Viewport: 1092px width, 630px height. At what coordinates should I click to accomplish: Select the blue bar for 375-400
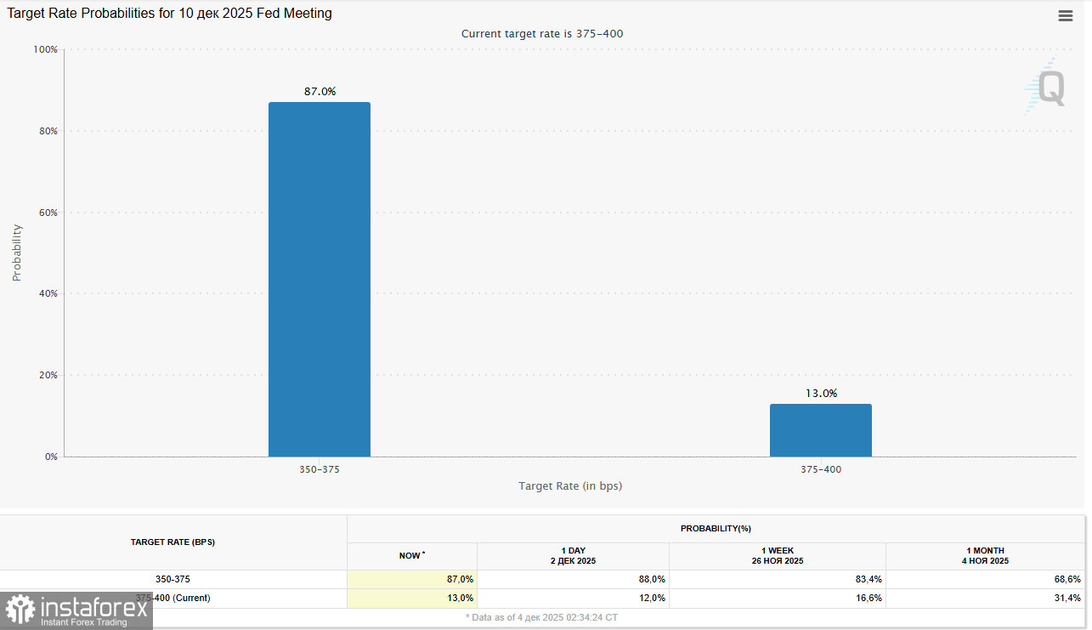pyautogui.click(x=821, y=430)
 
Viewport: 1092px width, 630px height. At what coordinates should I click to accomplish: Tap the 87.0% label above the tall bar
pyautogui.click(x=320, y=91)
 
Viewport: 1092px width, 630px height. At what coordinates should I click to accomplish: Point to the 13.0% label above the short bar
pyautogui.click(x=821, y=393)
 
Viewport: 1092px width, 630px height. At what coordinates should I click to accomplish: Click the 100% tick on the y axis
pyautogui.click(x=45, y=49)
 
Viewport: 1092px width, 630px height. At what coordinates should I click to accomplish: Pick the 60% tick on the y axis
pyautogui.click(x=48, y=213)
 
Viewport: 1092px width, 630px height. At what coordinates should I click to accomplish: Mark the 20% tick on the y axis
pyautogui.click(x=48, y=375)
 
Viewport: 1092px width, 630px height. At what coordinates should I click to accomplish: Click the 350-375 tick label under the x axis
pyautogui.click(x=320, y=469)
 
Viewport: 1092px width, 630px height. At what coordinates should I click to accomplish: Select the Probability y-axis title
pyautogui.click(x=17, y=253)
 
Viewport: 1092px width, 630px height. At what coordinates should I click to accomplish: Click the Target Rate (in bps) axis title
pyautogui.click(x=570, y=486)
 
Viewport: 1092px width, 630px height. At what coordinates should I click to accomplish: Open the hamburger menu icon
pyautogui.click(x=1065, y=15)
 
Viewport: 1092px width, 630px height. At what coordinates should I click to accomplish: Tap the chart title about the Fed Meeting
pyautogui.click(x=170, y=14)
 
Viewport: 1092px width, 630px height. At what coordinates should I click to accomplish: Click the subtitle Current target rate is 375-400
pyautogui.click(x=548, y=33)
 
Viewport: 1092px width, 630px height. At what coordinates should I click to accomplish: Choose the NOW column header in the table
pyautogui.click(x=411, y=555)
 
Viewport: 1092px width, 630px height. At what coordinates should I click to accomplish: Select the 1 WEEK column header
pyautogui.click(x=778, y=556)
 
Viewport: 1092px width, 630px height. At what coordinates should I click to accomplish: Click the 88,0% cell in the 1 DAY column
pyautogui.click(x=651, y=579)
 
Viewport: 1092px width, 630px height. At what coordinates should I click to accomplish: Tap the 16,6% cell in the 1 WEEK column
pyautogui.click(x=868, y=598)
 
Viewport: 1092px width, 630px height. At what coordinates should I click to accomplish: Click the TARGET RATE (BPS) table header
pyautogui.click(x=173, y=542)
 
